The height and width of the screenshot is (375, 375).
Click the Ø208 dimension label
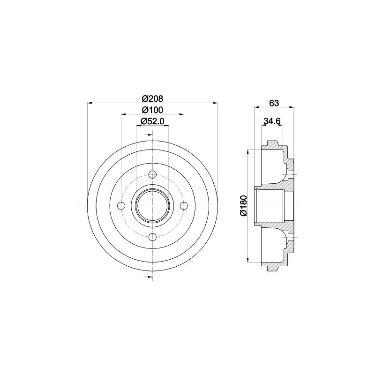(x=152, y=98)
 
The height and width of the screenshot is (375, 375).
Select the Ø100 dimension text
(x=152, y=110)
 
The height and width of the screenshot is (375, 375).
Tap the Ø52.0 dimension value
(x=152, y=121)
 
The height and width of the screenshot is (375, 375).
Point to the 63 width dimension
(x=274, y=103)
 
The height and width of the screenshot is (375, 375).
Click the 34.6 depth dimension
(x=272, y=121)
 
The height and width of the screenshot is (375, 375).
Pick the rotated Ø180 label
(x=243, y=206)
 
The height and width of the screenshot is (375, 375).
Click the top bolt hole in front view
(x=153, y=174)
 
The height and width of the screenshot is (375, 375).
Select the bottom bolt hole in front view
(x=153, y=237)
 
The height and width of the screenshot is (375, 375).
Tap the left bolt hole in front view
(x=121, y=206)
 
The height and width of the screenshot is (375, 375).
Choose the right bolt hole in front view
(x=184, y=206)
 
